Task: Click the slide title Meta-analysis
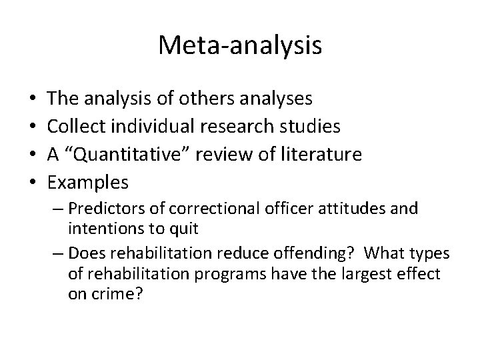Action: (x=240, y=45)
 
